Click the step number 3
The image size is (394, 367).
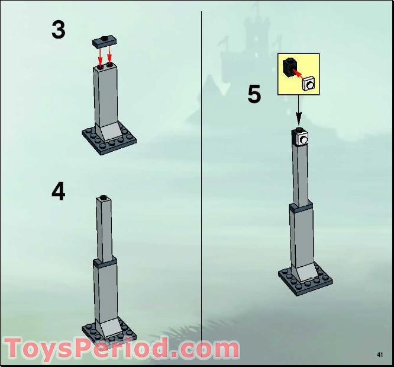[58, 30]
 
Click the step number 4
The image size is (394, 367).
[58, 192]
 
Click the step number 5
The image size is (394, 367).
[254, 94]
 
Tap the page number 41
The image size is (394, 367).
[380, 355]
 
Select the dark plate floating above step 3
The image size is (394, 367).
[105, 42]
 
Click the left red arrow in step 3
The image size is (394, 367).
[100, 57]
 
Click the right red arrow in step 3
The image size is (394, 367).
[110, 57]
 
